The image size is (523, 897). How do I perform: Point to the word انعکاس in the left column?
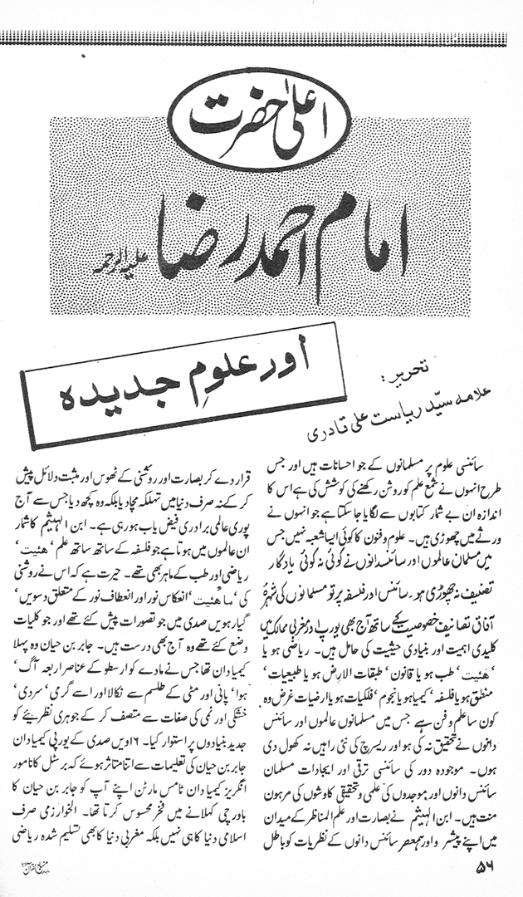click(x=169, y=629)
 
